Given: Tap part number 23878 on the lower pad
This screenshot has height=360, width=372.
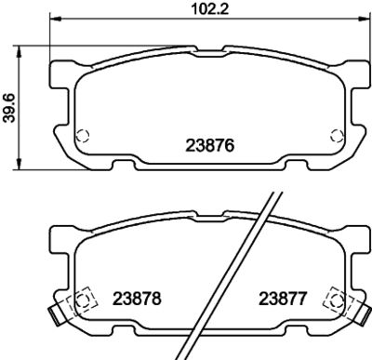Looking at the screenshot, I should tap(138, 300).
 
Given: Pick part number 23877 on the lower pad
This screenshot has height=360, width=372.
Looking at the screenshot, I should tap(283, 300).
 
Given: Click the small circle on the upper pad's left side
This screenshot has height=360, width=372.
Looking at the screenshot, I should tap(82, 134).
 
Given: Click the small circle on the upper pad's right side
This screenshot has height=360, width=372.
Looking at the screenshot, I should tap(330, 134).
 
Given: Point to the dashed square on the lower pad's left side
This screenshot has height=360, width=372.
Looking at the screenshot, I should tap(82, 300).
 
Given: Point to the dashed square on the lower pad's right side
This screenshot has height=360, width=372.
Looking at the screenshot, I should tap(330, 300).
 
